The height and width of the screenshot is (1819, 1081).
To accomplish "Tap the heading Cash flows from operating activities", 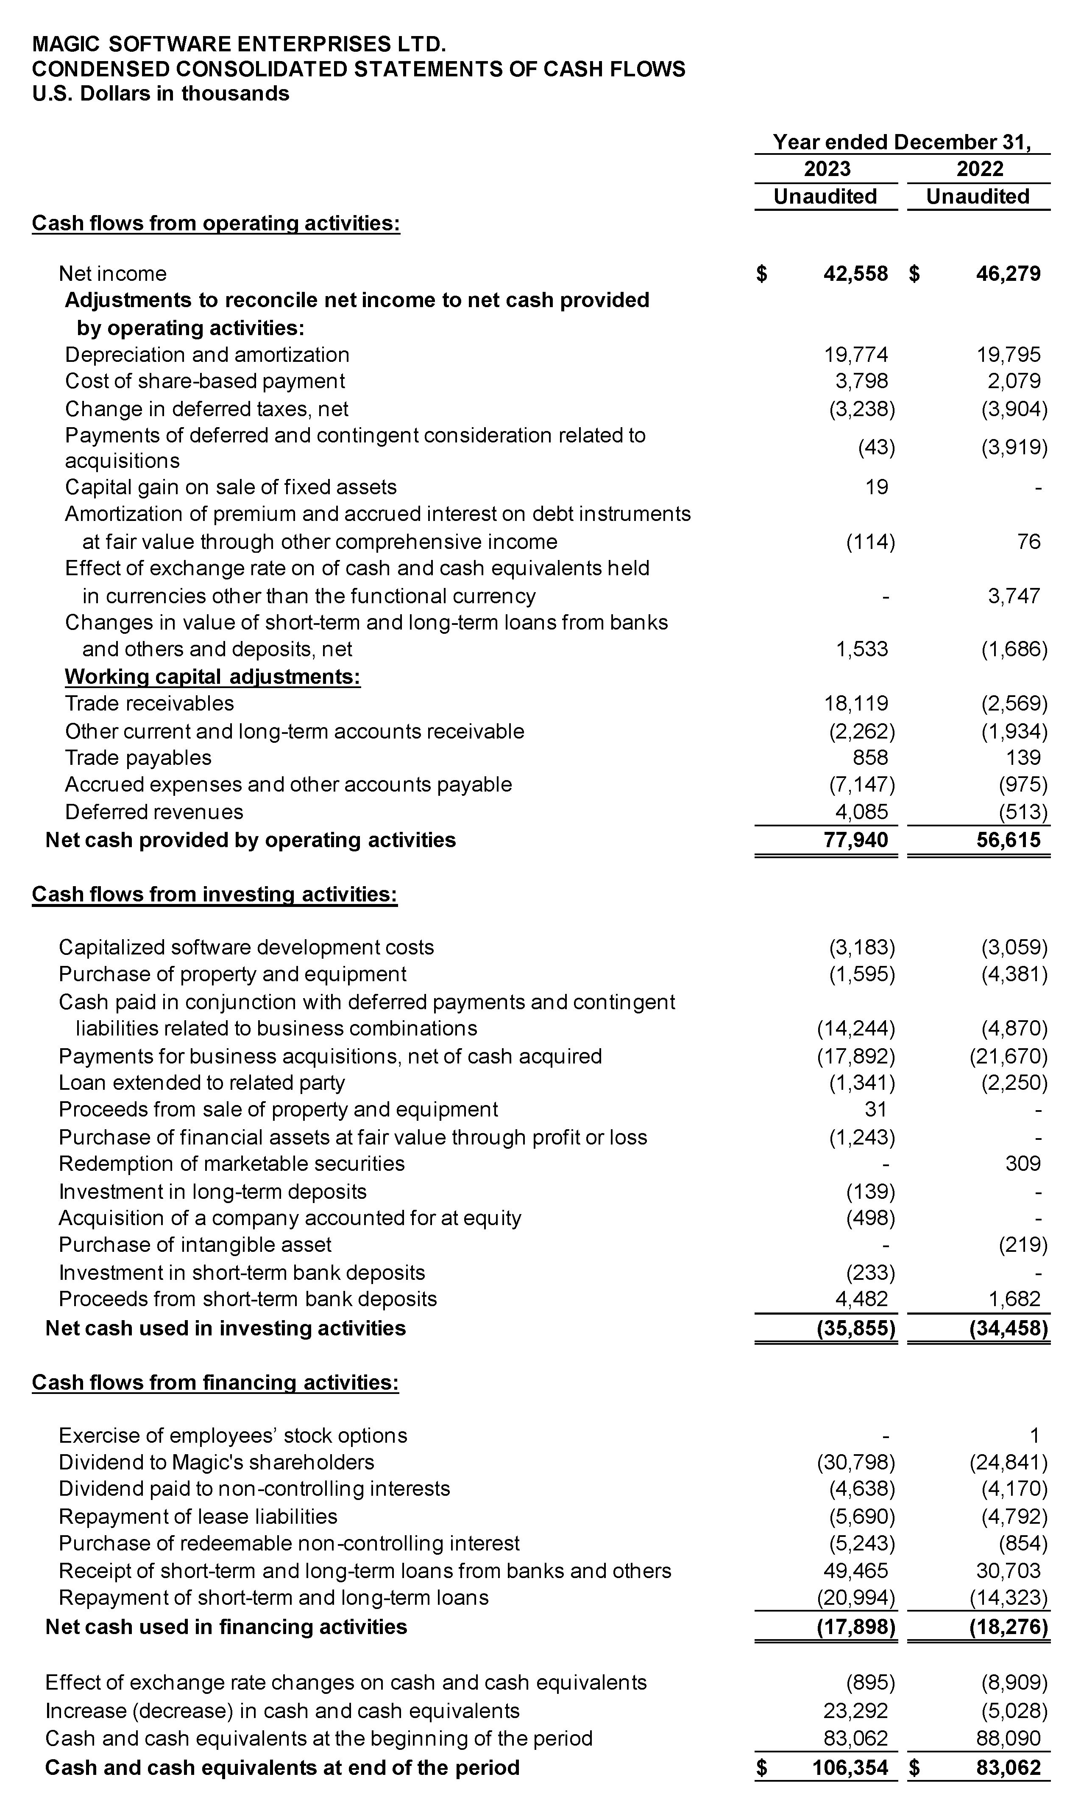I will [x=216, y=223].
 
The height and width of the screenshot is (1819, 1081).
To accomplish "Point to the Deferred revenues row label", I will [x=154, y=812].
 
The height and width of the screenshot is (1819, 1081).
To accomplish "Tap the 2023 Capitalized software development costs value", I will [x=862, y=947].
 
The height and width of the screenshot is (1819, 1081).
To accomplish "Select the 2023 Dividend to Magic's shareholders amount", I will [x=855, y=1463].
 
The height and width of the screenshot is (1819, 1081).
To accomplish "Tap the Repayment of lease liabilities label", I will [x=198, y=1517].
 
